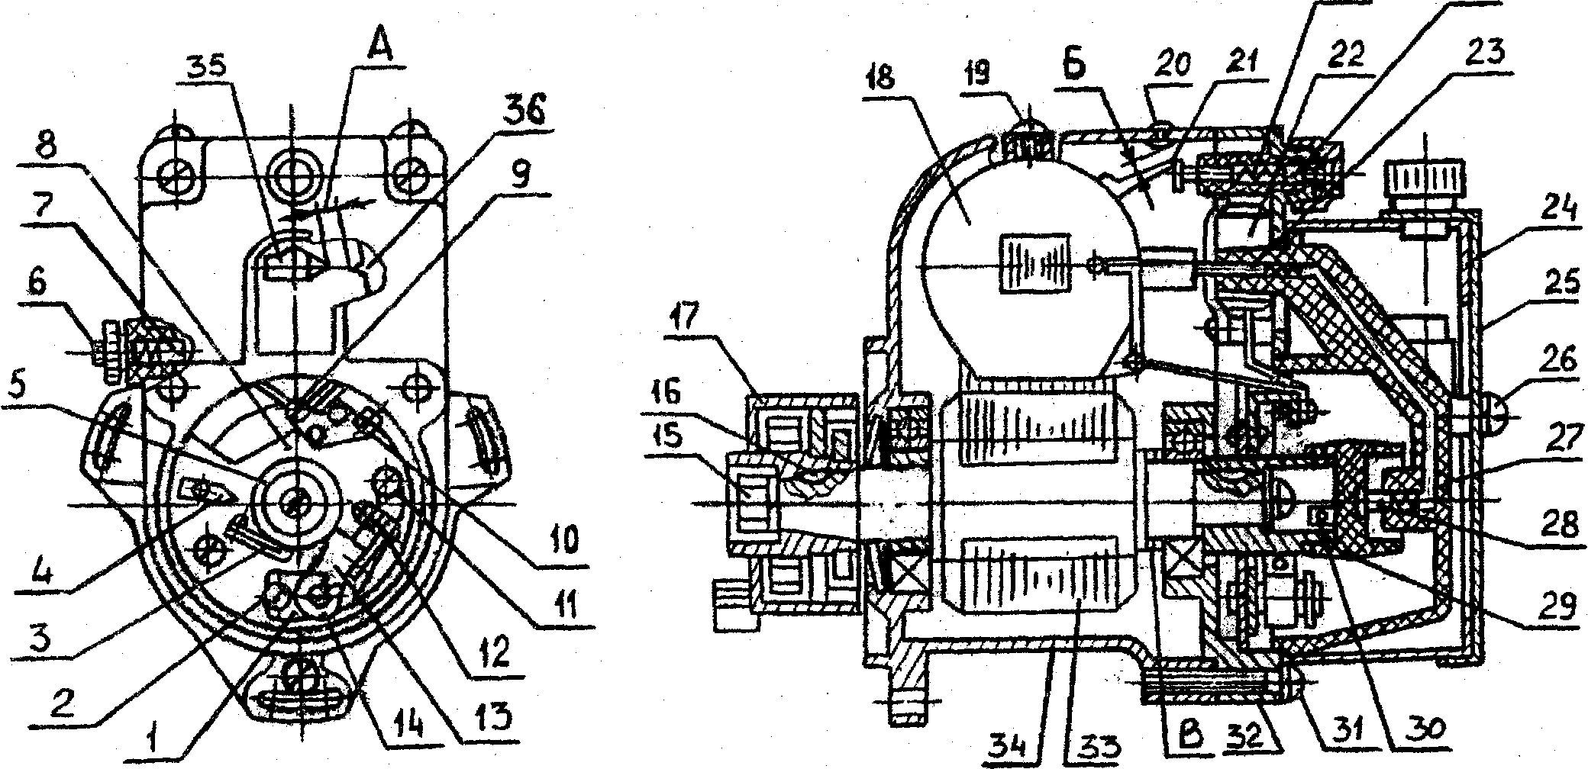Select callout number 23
pos(1484,53)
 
